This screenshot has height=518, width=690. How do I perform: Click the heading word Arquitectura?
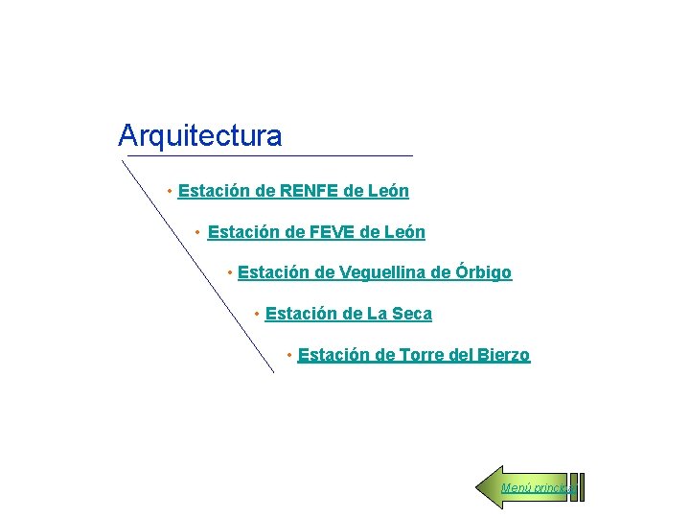199,135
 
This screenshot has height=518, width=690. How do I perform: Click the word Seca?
412,314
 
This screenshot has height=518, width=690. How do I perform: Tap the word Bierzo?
502,355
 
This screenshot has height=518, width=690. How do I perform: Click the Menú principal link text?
537,488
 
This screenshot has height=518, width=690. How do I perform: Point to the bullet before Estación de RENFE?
169,191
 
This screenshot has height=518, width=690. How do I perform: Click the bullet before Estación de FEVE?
197,232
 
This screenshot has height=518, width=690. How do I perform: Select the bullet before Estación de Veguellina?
229,273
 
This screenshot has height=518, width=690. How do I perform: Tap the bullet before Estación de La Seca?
256,314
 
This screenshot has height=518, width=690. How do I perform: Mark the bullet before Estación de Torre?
288,355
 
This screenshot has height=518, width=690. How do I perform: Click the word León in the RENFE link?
388,191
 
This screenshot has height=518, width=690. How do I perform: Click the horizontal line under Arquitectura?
268,155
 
